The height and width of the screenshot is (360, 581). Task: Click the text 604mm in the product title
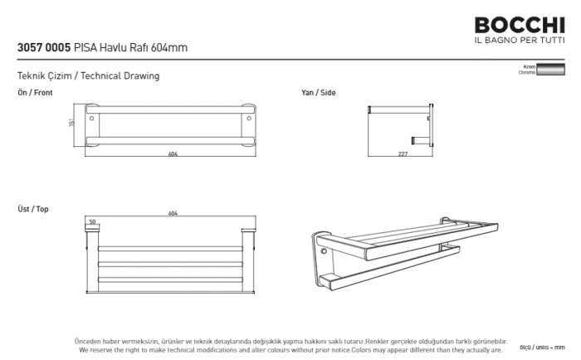pyautogui.click(x=173, y=47)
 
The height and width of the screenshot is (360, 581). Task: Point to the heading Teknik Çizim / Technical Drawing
pyautogui.click(x=88, y=76)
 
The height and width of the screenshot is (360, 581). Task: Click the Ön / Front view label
pyautogui.click(x=35, y=93)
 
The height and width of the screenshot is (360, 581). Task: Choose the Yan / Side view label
pyautogui.click(x=318, y=93)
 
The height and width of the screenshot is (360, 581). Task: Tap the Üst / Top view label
pyautogui.click(x=33, y=209)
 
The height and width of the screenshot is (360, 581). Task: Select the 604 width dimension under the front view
pyautogui.click(x=173, y=154)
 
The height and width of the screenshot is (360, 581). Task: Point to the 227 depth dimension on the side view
pyautogui.click(x=403, y=154)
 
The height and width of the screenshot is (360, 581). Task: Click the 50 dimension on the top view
pyautogui.click(x=92, y=221)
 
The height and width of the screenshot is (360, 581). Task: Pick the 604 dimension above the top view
pyautogui.click(x=173, y=214)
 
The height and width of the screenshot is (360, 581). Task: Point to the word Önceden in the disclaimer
pyautogui.click(x=89, y=341)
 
